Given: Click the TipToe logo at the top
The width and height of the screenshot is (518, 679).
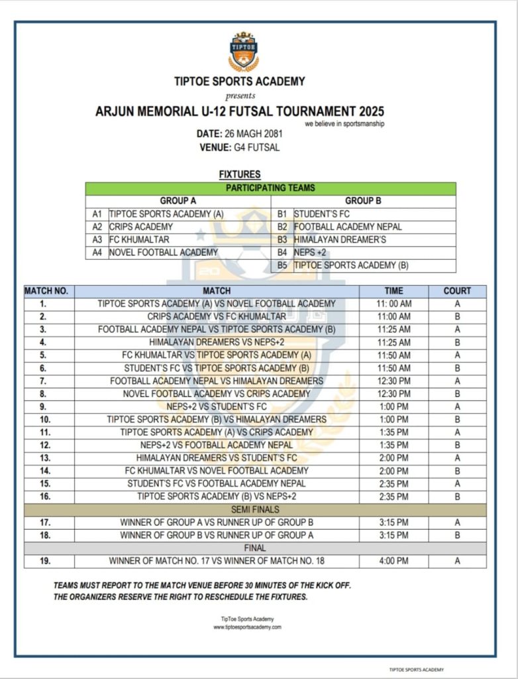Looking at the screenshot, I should [x=243, y=51].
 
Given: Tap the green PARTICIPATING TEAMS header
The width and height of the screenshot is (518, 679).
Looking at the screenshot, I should [x=270, y=188].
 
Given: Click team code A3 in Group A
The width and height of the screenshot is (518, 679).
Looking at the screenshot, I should [x=97, y=239].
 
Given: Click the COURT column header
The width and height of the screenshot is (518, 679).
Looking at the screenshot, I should [x=457, y=291].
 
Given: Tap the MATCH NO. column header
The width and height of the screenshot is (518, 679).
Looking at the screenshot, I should [x=47, y=291].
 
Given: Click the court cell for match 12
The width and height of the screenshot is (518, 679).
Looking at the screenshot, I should [x=457, y=446].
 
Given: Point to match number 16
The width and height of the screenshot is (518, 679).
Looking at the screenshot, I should [x=44, y=497].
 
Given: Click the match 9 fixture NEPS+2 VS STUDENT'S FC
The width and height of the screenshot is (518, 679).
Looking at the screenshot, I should [x=217, y=406].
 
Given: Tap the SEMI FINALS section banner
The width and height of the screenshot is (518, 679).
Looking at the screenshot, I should [x=255, y=509].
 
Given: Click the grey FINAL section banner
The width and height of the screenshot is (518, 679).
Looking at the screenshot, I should [x=255, y=548].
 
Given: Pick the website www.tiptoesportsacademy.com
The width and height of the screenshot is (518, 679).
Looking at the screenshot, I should [x=247, y=627].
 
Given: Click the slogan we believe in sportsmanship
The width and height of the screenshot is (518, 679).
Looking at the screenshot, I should [x=344, y=124].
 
